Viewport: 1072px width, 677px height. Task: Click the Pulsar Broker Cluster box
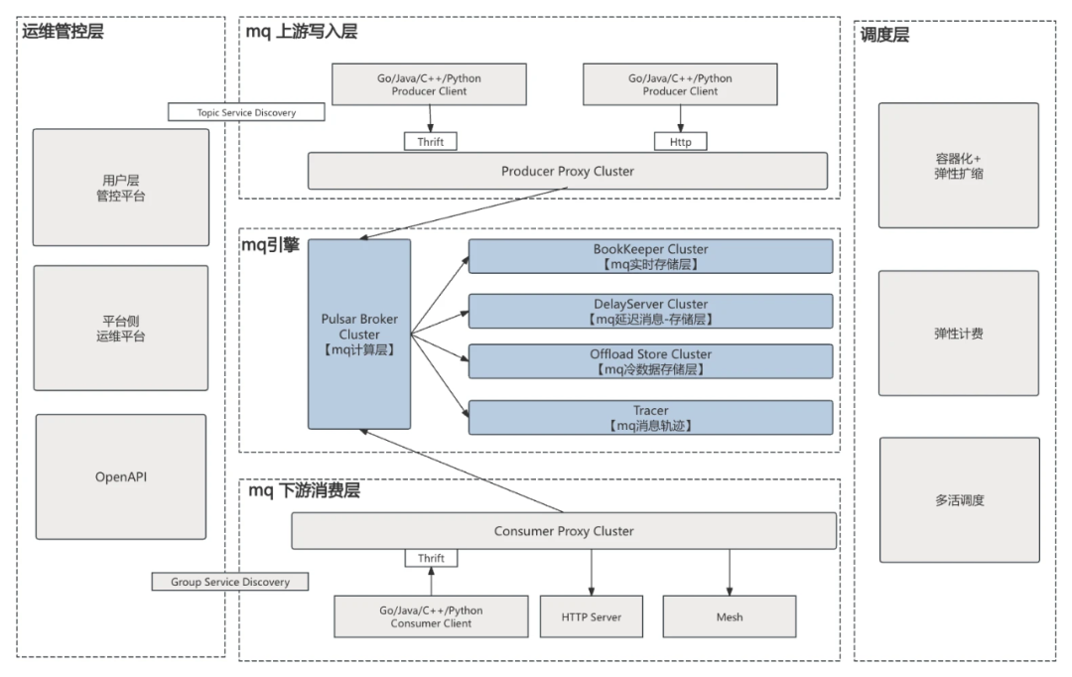click(359, 335)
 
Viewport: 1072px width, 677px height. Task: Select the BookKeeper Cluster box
click(650, 257)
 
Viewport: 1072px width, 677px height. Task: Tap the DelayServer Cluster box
click(650, 311)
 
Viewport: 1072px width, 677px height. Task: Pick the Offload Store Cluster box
click(650, 362)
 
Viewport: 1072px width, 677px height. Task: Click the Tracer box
click(650, 417)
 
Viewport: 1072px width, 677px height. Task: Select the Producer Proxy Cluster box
click(567, 171)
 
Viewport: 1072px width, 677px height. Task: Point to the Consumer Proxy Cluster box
click(564, 531)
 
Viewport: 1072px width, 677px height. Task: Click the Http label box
click(680, 142)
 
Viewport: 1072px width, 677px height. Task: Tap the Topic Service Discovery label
click(246, 112)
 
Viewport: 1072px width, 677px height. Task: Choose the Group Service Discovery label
click(229, 582)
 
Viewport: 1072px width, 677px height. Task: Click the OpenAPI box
click(121, 476)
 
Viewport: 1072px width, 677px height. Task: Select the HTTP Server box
click(593, 616)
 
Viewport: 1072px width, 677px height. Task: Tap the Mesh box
click(730, 616)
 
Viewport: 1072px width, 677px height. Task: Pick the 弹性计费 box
click(958, 334)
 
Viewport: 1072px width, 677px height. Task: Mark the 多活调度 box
click(958, 500)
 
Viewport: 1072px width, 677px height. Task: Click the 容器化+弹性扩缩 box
click(958, 166)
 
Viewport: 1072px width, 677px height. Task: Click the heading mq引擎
click(272, 244)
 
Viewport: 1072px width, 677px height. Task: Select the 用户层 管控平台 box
click(121, 188)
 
